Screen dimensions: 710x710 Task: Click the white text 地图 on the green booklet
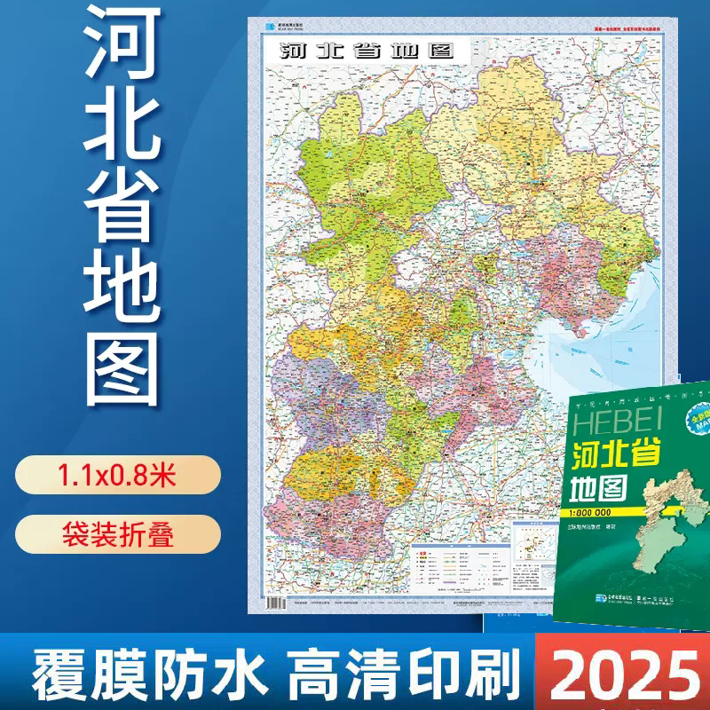pos(600,487)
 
